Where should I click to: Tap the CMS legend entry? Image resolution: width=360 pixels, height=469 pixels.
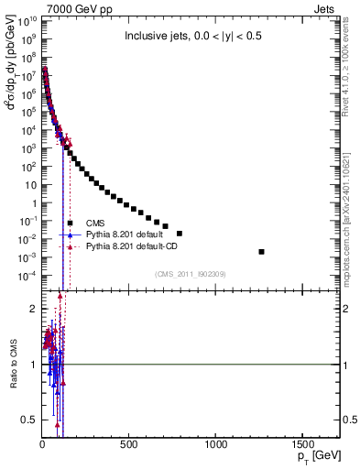[96, 223]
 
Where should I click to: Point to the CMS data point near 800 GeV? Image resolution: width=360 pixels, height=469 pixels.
[180, 234]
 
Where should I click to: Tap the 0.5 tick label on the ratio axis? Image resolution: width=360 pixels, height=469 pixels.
[28, 420]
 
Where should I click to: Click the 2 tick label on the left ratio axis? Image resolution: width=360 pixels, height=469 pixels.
[32, 309]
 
